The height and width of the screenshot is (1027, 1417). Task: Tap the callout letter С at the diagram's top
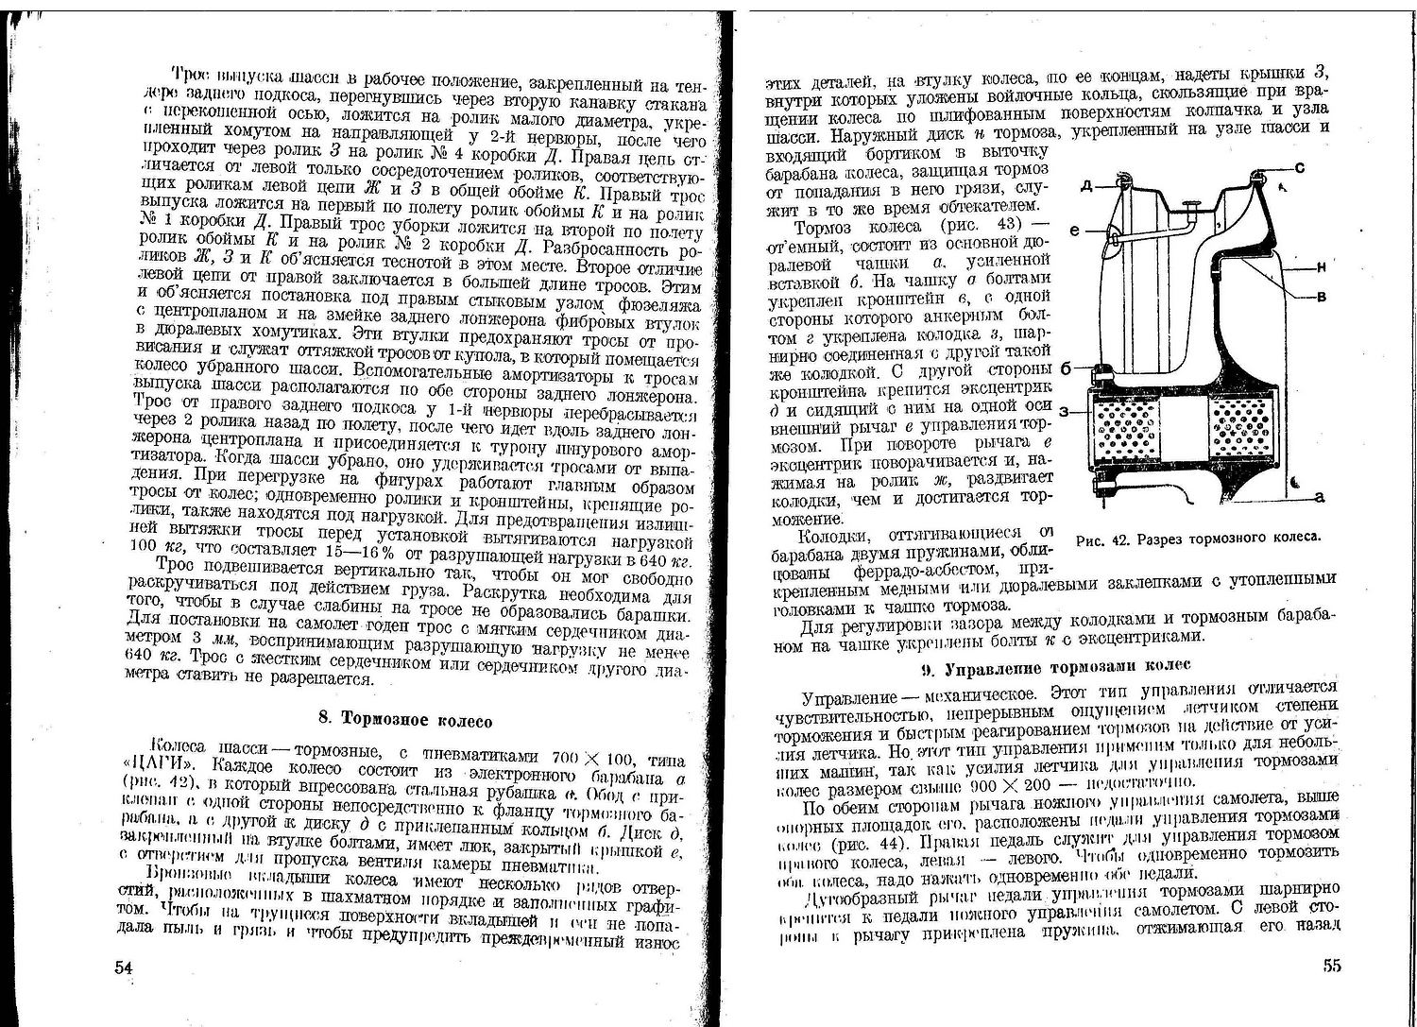1300,168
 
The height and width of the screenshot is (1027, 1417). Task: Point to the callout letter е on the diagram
1075,230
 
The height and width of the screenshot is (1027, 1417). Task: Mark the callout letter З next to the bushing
1065,412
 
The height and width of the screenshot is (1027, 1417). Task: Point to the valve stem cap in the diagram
1192,206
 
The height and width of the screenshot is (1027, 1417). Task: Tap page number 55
1331,966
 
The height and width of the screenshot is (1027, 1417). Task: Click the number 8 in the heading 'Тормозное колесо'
323,720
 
